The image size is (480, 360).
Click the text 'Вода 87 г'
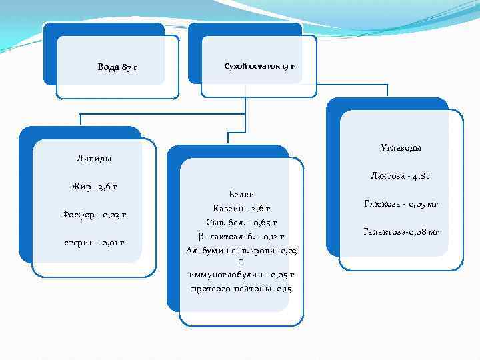point(117,67)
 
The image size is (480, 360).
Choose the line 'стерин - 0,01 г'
point(93,242)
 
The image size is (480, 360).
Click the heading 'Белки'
point(241,193)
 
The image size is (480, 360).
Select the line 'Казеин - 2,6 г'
point(241,207)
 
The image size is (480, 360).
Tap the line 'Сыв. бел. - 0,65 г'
point(241,221)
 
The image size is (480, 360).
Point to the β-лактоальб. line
point(241,235)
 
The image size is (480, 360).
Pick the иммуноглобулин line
point(241,275)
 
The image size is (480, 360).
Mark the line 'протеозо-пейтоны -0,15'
point(241,288)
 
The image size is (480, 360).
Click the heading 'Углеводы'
point(401,147)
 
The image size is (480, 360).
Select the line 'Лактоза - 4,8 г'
point(401,176)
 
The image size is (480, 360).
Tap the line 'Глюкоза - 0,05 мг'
point(401,203)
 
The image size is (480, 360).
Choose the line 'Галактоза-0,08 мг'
point(401,231)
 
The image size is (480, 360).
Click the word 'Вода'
point(108,67)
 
